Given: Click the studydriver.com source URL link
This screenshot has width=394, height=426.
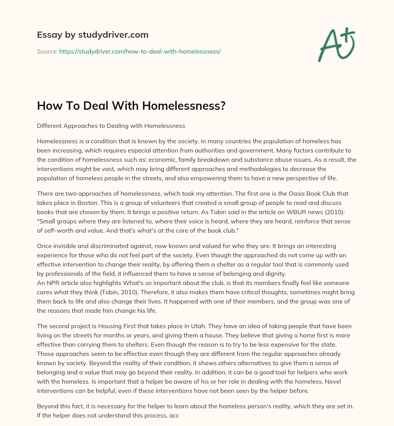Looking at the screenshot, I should pos(140,51).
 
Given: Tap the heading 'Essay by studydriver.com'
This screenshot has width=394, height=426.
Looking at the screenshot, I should pos(92,35).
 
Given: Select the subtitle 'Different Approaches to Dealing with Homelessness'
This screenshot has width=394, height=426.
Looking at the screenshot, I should pos(111,126).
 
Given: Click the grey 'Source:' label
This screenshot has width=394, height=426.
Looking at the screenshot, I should pos(47,51).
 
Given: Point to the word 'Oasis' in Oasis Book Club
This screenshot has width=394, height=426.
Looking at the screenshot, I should pos(281,193).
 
